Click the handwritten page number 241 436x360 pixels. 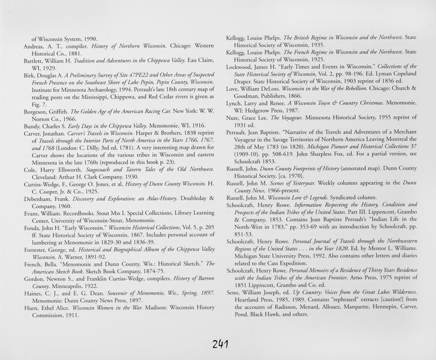(x=218, y=344)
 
